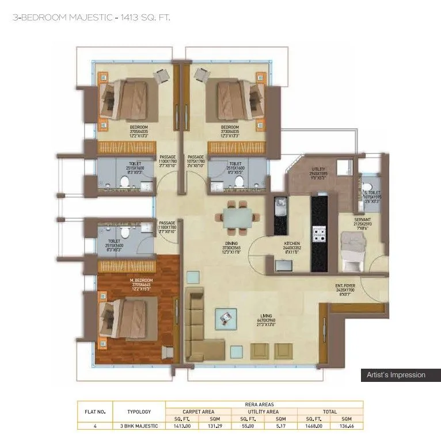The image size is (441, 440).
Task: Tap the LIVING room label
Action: point(267,315)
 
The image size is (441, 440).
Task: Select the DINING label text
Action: point(232,243)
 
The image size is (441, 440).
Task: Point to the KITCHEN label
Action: point(292,243)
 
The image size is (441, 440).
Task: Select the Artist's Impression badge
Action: point(396,375)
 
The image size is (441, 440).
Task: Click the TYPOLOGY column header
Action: point(139,411)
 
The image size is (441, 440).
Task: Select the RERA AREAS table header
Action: point(264,404)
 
